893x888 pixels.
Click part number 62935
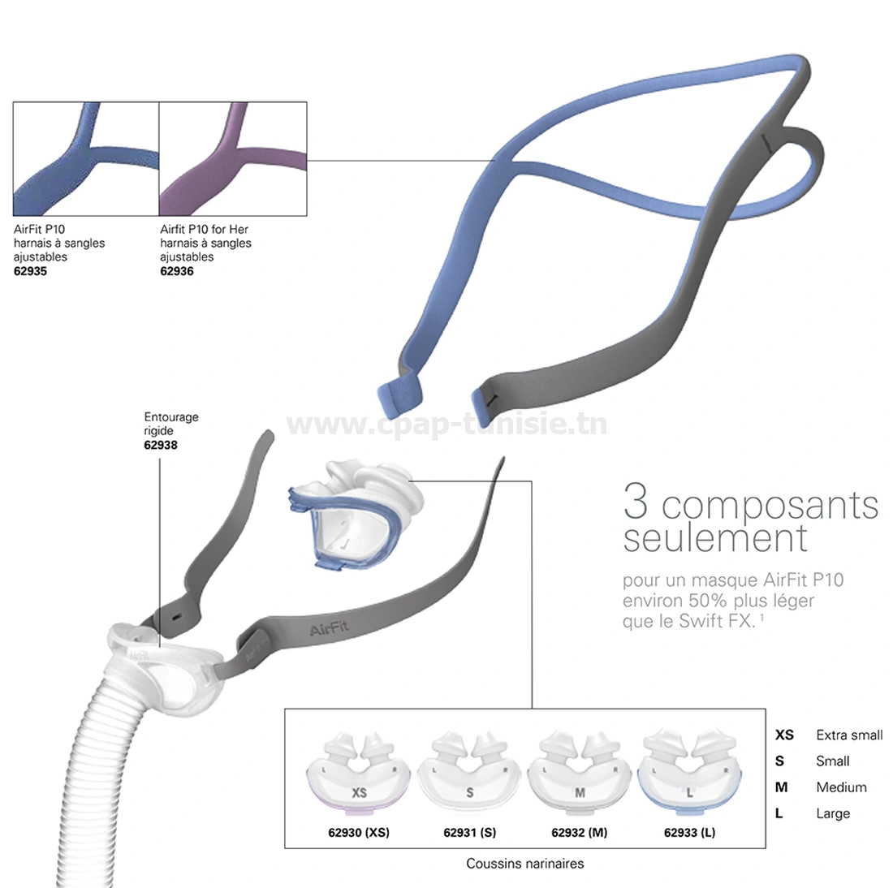coord(31,271)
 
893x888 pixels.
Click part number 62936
coord(177,271)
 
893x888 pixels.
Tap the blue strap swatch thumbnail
coord(86,158)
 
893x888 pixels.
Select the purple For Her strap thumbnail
coord(233,158)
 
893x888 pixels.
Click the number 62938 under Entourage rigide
coord(161,445)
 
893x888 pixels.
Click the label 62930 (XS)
coord(359,832)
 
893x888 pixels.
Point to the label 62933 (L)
coord(690,832)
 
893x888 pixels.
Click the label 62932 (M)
coord(580,832)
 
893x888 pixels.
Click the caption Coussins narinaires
coord(525,864)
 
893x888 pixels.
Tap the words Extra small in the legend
coord(849,735)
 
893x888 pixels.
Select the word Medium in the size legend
coord(841,787)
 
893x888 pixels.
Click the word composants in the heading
coord(770,505)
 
